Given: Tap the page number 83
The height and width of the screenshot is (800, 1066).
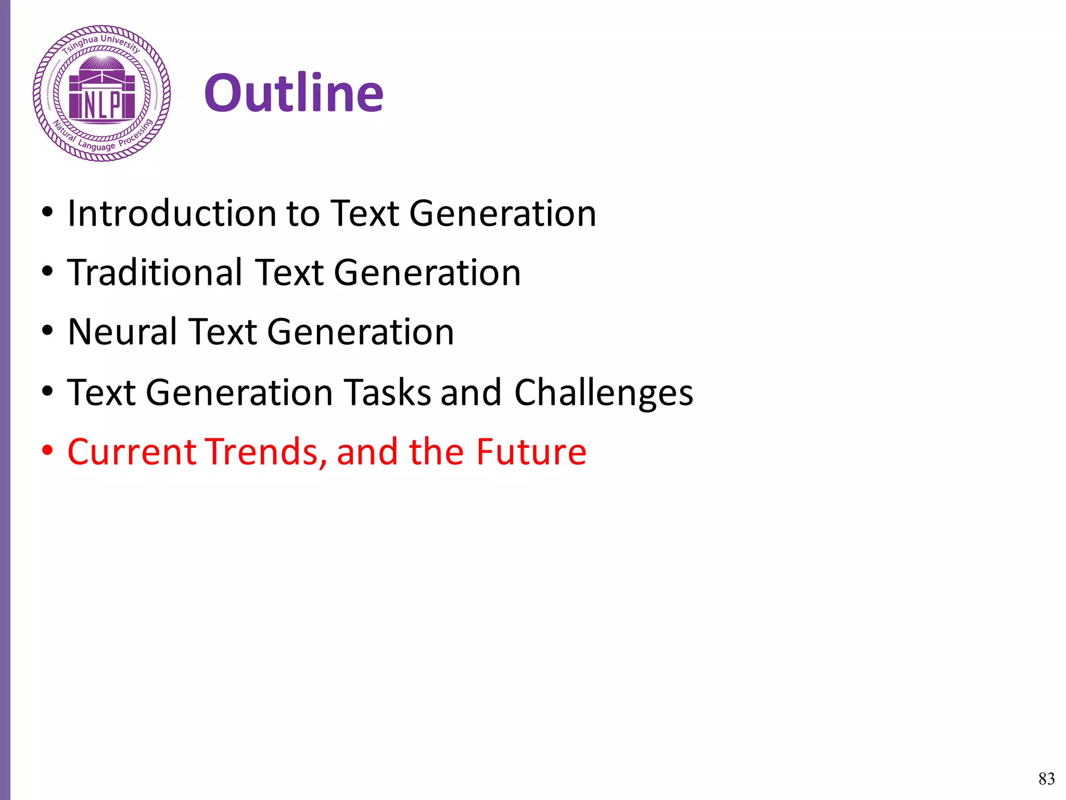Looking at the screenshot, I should coord(1046,778).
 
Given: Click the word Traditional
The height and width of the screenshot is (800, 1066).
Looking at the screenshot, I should coord(155,272).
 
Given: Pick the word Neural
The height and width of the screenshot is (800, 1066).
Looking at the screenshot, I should coord(122,332).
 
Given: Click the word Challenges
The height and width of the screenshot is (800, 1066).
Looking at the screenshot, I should coord(603,392).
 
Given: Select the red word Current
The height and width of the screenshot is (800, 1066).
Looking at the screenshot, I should coord(132,452).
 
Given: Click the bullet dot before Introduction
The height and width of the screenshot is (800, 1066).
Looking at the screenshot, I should coord(48,212).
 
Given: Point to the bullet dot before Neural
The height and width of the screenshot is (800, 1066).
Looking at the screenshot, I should coord(48,331).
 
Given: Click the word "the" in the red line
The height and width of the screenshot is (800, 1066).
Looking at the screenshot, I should coord(436,452).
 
